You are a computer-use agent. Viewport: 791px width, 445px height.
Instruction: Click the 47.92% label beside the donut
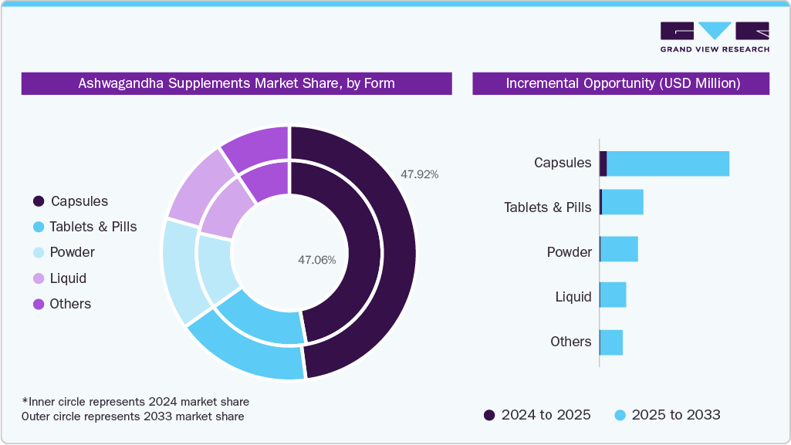(419, 174)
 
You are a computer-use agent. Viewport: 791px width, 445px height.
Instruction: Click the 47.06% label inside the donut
(316, 260)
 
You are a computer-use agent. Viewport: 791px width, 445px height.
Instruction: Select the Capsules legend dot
(38, 201)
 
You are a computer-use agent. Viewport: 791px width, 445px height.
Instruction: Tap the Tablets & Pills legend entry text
(93, 227)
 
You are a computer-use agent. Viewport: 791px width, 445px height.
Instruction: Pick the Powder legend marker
(38, 252)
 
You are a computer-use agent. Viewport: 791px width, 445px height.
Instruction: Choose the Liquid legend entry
(68, 278)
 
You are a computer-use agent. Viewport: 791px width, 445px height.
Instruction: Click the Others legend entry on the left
(69, 304)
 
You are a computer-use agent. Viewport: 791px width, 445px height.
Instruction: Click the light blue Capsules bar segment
(668, 164)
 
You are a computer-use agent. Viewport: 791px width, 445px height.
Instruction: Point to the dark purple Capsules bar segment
(603, 164)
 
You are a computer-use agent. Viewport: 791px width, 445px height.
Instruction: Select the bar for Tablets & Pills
(622, 202)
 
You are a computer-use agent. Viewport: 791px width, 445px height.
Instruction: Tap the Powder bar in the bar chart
(619, 249)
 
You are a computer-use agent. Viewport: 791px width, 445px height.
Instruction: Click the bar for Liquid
(613, 295)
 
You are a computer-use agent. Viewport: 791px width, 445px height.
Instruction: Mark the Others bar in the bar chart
(611, 342)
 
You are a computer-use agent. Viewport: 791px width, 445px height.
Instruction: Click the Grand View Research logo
(715, 36)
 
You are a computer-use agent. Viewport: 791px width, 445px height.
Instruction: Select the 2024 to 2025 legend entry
(537, 415)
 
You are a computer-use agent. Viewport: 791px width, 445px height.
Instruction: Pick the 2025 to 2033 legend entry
(668, 415)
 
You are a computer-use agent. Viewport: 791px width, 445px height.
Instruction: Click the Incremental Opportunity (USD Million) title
(622, 83)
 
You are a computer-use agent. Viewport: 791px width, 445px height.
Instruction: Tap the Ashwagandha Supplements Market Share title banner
(236, 83)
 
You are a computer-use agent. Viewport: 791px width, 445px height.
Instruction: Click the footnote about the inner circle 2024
(136, 402)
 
